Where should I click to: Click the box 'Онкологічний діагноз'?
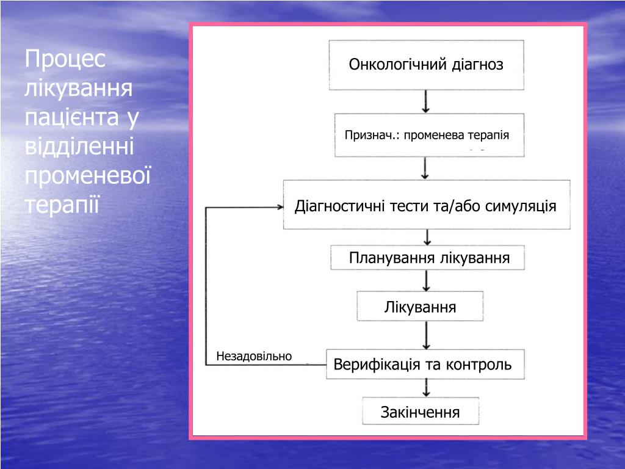426,65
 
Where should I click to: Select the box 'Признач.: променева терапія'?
426,135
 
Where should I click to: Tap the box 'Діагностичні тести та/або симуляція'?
426,205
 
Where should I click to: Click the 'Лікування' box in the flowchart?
420,306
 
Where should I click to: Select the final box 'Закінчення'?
420,412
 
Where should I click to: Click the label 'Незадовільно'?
254,356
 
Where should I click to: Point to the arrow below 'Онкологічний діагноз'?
426,101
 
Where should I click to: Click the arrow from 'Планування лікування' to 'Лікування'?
427,280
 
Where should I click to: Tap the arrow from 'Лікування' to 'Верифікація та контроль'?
427,335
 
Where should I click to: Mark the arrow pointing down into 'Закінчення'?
427,388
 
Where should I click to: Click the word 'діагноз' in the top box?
478,65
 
